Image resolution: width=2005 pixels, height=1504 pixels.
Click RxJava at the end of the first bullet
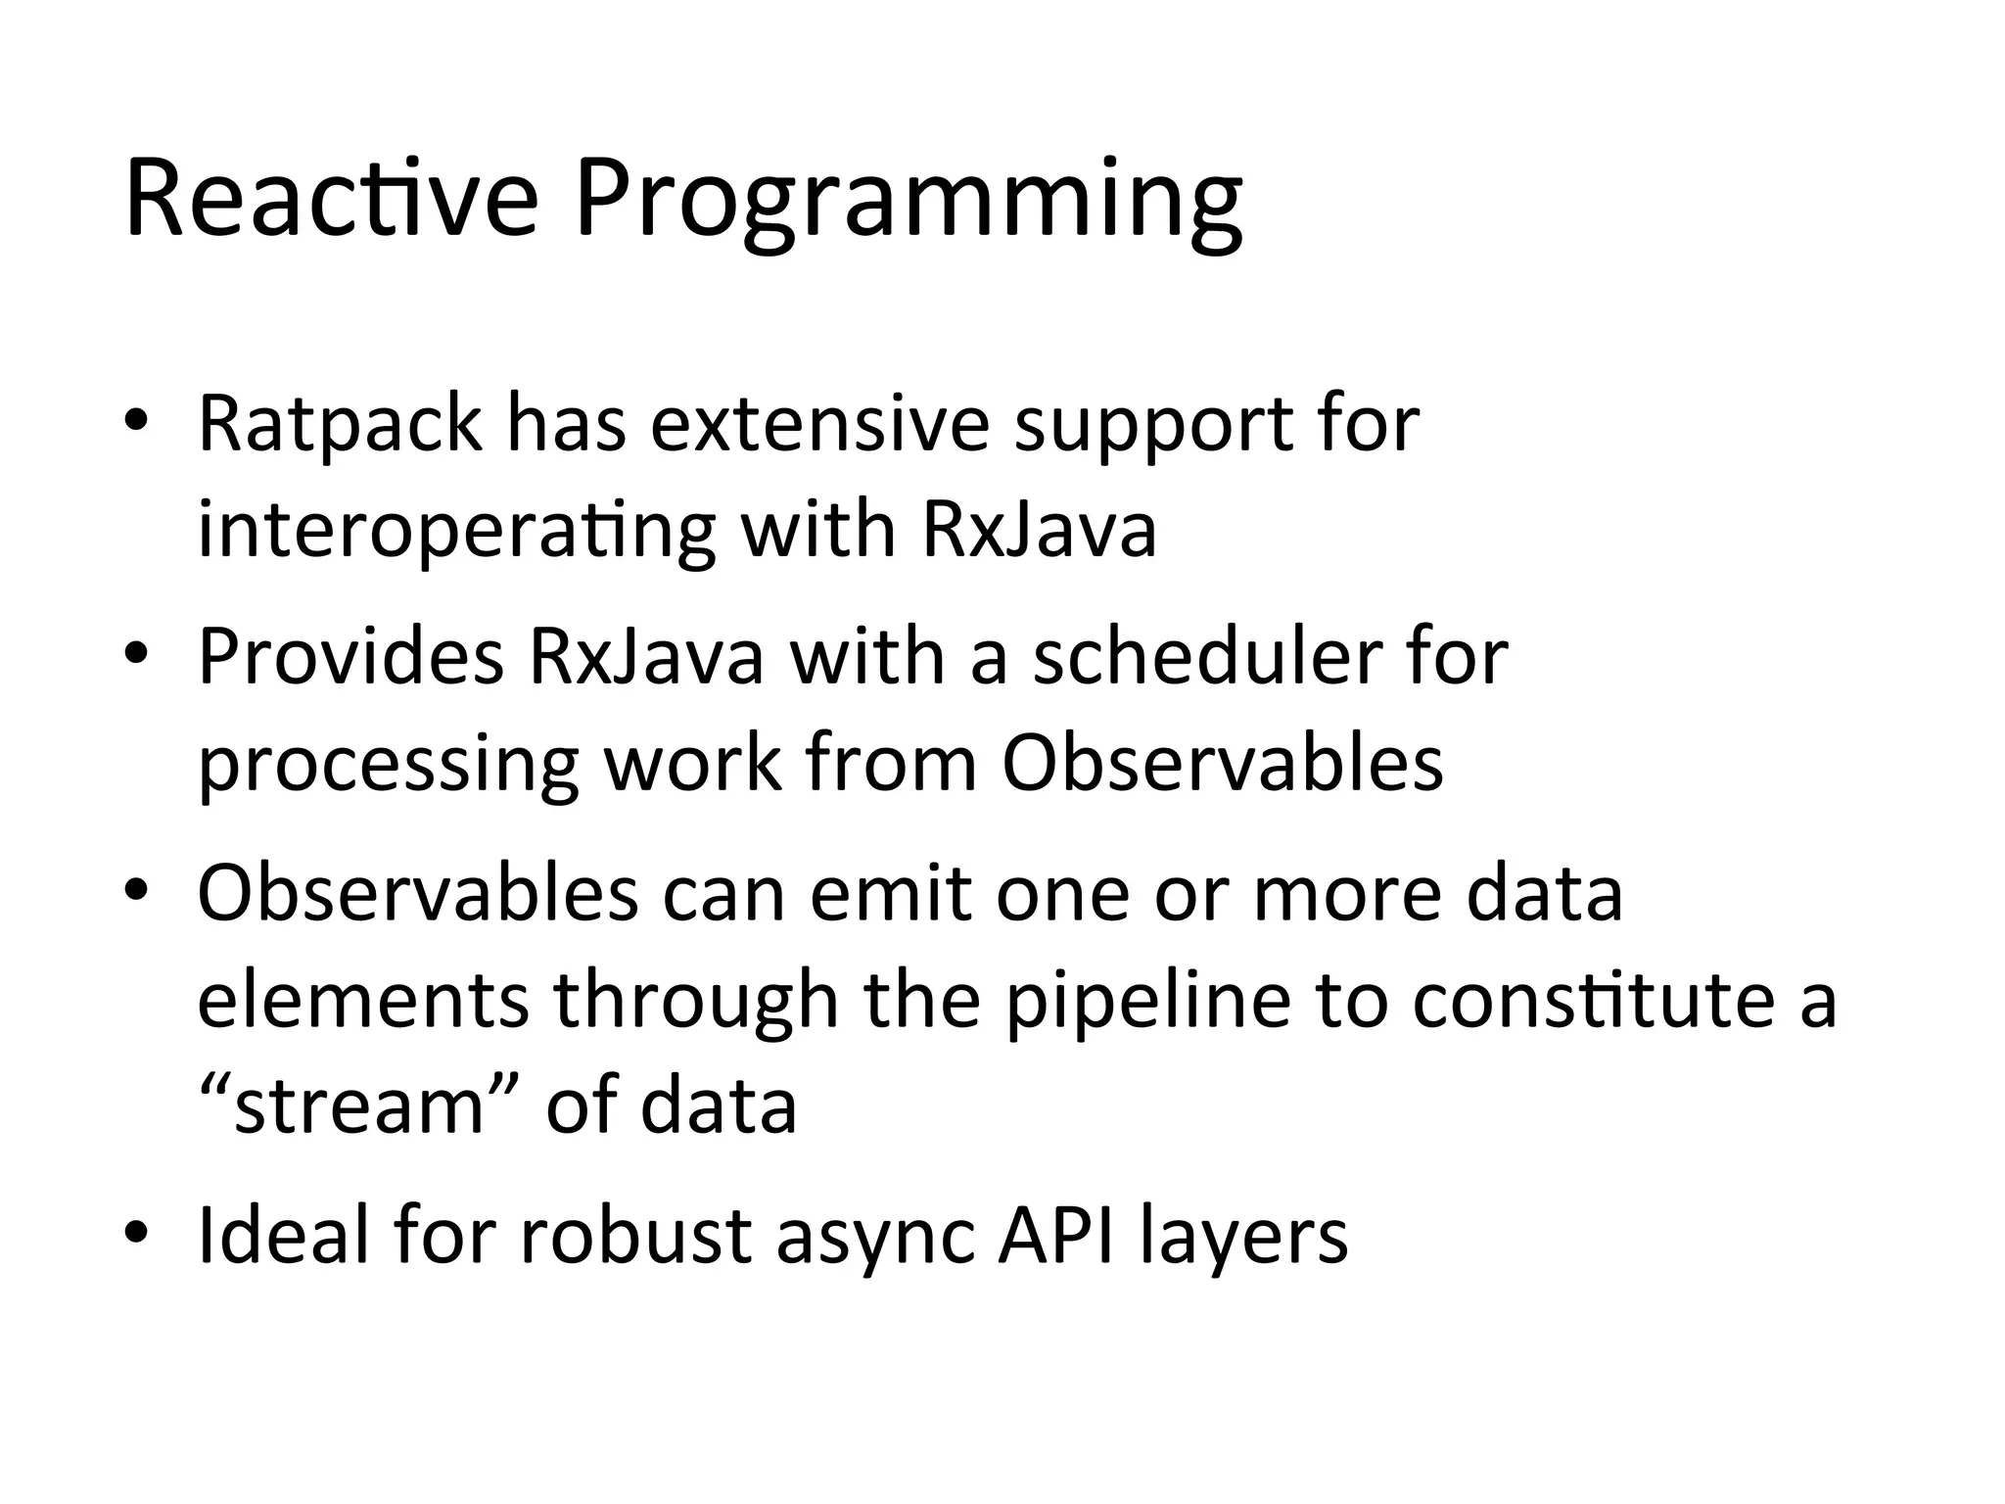[1039, 531]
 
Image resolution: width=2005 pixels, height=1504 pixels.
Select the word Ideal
[283, 1236]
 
